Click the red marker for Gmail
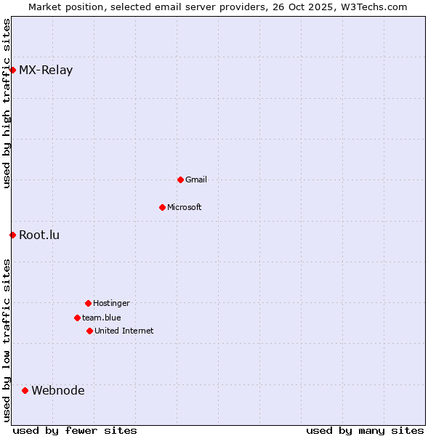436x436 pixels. [x=180, y=179]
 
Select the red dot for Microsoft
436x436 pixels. [x=162, y=207]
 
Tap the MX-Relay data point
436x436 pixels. [x=12, y=70]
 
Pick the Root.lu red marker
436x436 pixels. [x=12, y=235]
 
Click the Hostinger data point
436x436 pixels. [x=88, y=303]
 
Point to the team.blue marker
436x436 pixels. [x=77, y=318]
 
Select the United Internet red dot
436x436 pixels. [x=89, y=331]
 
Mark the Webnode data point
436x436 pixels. [x=25, y=390]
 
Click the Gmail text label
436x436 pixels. [x=196, y=179]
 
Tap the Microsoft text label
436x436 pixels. [x=185, y=207]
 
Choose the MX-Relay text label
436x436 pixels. [x=46, y=70]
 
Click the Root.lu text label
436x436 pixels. [x=39, y=235]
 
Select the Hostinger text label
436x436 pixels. [x=111, y=303]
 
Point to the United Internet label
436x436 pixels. [x=124, y=331]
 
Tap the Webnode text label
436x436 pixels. [x=58, y=390]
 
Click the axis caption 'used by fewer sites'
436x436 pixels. [x=75, y=430]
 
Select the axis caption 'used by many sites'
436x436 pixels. [x=365, y=430]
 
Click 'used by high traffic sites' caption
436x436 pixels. [x=7, y=103]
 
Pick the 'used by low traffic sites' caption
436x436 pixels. [x=7, y=340]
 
